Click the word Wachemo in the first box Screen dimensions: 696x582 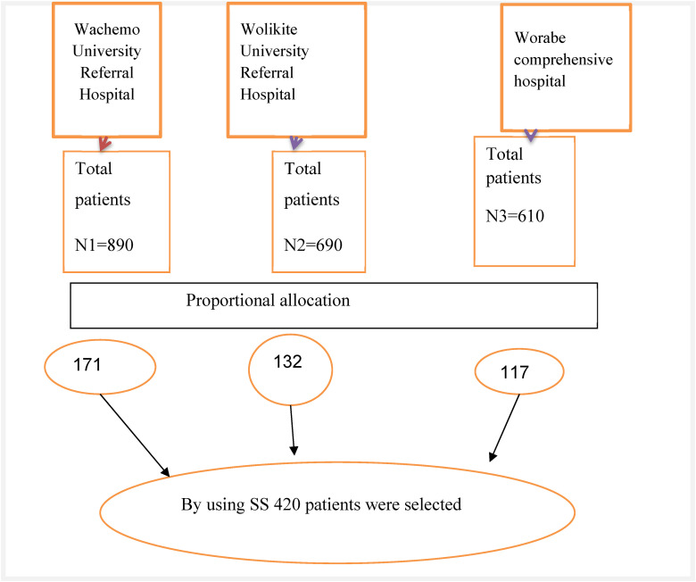click(107, 29)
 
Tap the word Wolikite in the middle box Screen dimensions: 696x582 click(269, 29)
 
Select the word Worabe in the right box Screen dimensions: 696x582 click(540, 37)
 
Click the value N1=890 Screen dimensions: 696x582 click(104, 245)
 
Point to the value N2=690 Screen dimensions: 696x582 click(313, 245)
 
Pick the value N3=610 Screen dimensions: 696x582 click(515, 216)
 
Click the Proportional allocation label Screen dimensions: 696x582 click(268, 301)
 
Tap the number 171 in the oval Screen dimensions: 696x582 click(87, 365)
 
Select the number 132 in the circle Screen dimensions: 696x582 click(287, 362)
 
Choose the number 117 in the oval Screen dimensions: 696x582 click(515, 372)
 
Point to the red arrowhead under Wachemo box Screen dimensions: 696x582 click(104, 144)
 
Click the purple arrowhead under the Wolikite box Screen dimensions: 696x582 click(295, 143)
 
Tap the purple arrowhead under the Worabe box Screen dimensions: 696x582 click(531, 136)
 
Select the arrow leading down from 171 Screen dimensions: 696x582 click(135, 436)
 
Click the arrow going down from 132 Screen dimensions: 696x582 click(292, 430)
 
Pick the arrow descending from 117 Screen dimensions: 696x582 click(504, 428)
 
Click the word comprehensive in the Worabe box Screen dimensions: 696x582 click(563, 60)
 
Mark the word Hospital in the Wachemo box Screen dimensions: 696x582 click(107, 95)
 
